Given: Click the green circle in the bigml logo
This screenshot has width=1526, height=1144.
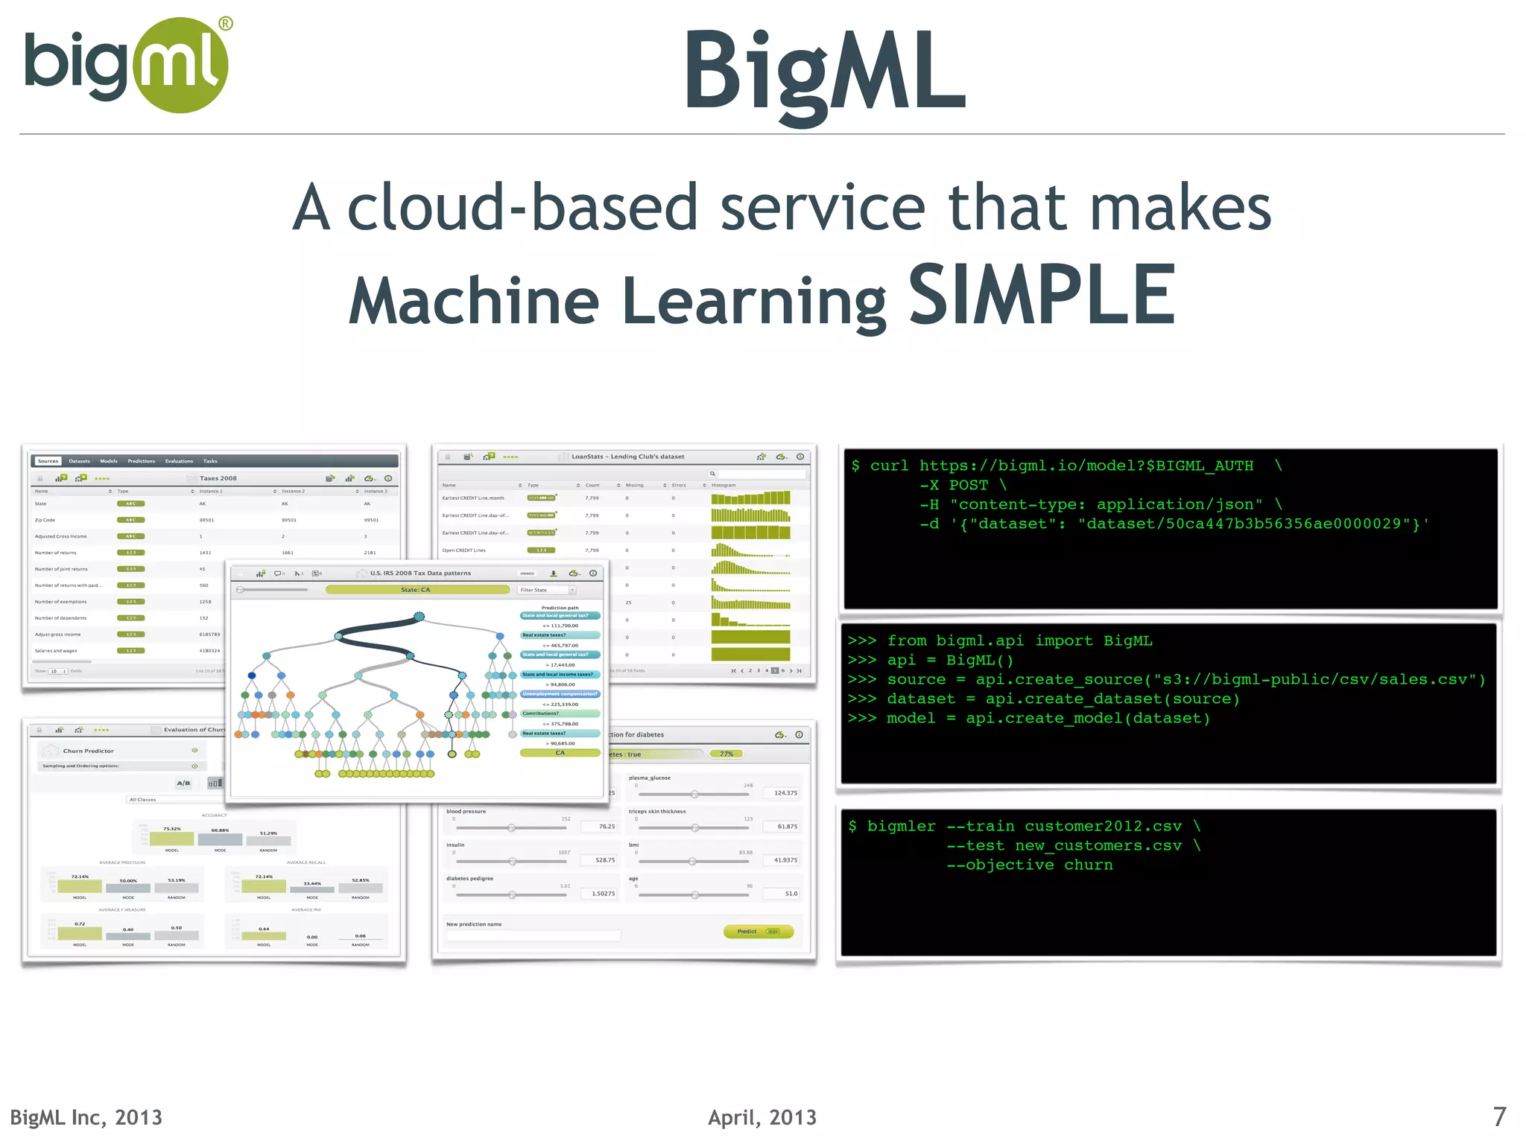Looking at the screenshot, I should click(x=180, y=66).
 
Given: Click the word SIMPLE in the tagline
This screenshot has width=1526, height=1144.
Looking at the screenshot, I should click(x=1042, y=296).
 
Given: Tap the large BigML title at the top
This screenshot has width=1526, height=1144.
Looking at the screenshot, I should click(x=825, y=73).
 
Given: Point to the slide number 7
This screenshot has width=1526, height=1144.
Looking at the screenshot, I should click(x=1499, y=1116).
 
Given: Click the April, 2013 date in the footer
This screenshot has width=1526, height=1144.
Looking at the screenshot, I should click(x=762, y=1117).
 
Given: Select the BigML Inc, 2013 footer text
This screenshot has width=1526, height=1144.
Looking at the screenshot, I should click(x=86, y=1117).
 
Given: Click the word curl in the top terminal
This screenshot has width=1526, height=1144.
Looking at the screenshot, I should click(x=889, y=466).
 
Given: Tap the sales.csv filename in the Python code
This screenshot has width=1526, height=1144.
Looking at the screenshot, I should click(x=1422, y=679).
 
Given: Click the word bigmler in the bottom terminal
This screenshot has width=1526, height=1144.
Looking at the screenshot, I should click(x=901, y=826).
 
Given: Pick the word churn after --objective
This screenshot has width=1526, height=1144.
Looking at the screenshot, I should click(x=1088, y=865).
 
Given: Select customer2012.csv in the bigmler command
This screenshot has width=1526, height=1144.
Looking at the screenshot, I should click(x=1103, y=826).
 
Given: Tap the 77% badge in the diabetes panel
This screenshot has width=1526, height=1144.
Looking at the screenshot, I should click(x=726, y=754).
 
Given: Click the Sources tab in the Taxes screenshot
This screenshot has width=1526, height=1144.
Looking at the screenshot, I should click(x=48, y=461).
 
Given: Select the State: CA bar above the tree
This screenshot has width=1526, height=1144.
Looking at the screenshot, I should click(x=417, y=590).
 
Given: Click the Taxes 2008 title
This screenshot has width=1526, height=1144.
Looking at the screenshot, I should click(x=218, y=478).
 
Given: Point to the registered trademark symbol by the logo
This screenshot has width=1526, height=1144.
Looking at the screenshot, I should click(x=225, y=24).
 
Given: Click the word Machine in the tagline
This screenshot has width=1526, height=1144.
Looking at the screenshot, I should click(x=474, y=301).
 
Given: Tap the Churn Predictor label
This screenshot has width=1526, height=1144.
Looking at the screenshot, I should click(x=88, y=751).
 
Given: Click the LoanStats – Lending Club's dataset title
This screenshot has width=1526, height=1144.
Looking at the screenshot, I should click(x=627, y=457).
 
